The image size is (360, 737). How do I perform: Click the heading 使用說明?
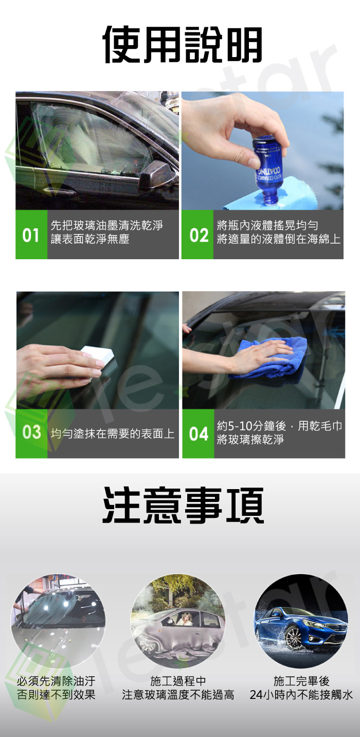(183, 45)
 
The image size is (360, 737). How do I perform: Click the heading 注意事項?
(183, 505)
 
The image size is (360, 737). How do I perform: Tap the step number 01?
(31, 236)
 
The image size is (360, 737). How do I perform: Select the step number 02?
(199, 236)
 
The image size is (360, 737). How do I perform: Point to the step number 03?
(31, 433)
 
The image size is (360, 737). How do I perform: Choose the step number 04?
(199, 434)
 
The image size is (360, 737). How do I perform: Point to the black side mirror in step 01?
(155, 176)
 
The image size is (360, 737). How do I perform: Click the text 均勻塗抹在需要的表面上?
(113, 434)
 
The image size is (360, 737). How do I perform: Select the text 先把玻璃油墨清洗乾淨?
(107, 226)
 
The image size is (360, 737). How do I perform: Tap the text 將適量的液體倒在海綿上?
(278, 239)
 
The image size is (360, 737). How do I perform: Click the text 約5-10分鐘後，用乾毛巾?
(279, 426)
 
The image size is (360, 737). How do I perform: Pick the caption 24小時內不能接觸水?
(301, 694)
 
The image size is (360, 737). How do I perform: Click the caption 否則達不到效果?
(56, 694)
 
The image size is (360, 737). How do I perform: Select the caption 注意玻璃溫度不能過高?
(178, 694)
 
